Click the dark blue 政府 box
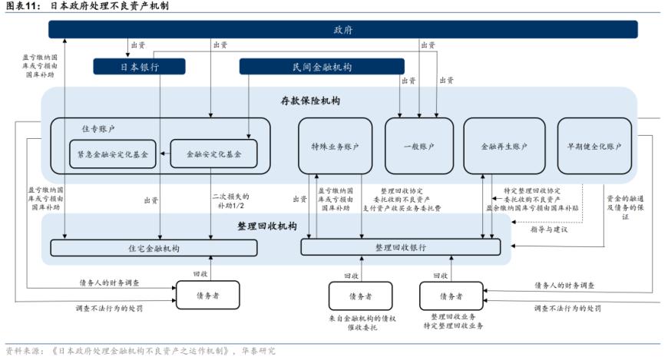coord(342,30)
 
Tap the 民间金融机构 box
coord(322,67)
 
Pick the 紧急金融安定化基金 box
coord(113,154)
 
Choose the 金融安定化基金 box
coord(213,154)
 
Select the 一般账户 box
coord(419,146)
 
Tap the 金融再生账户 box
coord(502,146)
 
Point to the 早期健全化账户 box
coord(594,146)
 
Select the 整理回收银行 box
coord(400,247)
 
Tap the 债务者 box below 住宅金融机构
coord(207,295)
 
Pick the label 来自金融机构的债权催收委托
coord(359,322)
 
